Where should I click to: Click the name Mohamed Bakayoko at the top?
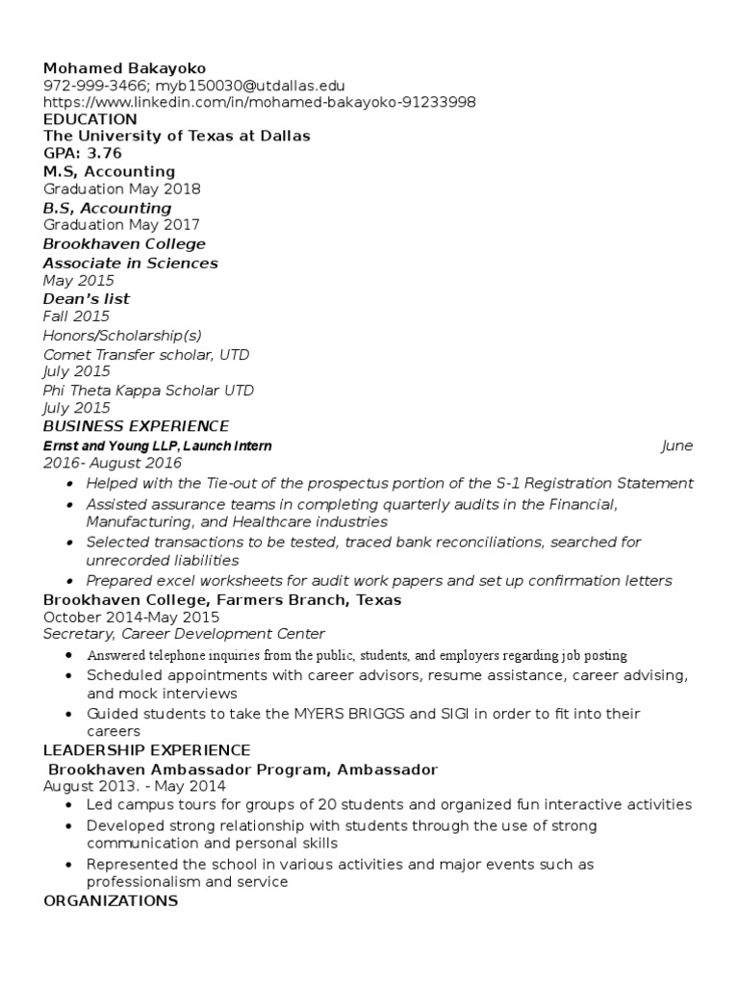pos(124,68)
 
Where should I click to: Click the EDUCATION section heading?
pos(90,119)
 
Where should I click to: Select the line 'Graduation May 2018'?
pos(122,189)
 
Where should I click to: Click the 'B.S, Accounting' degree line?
pos(107,208)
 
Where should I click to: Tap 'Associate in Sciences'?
pos(131,263)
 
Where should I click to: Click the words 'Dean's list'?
pos(87,299)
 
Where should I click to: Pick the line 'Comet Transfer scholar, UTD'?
pos(146,354)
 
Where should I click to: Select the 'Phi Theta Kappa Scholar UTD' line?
pos(149,391)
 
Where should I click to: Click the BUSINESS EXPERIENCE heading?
pos(136,426)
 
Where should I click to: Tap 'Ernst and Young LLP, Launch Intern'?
pos(157,446)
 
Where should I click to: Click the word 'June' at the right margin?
pos(676,446)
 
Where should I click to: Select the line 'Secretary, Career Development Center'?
pos(184,634)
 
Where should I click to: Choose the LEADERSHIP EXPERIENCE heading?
pos(146,750)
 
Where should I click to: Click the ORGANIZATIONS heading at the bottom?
pos(111,901)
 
